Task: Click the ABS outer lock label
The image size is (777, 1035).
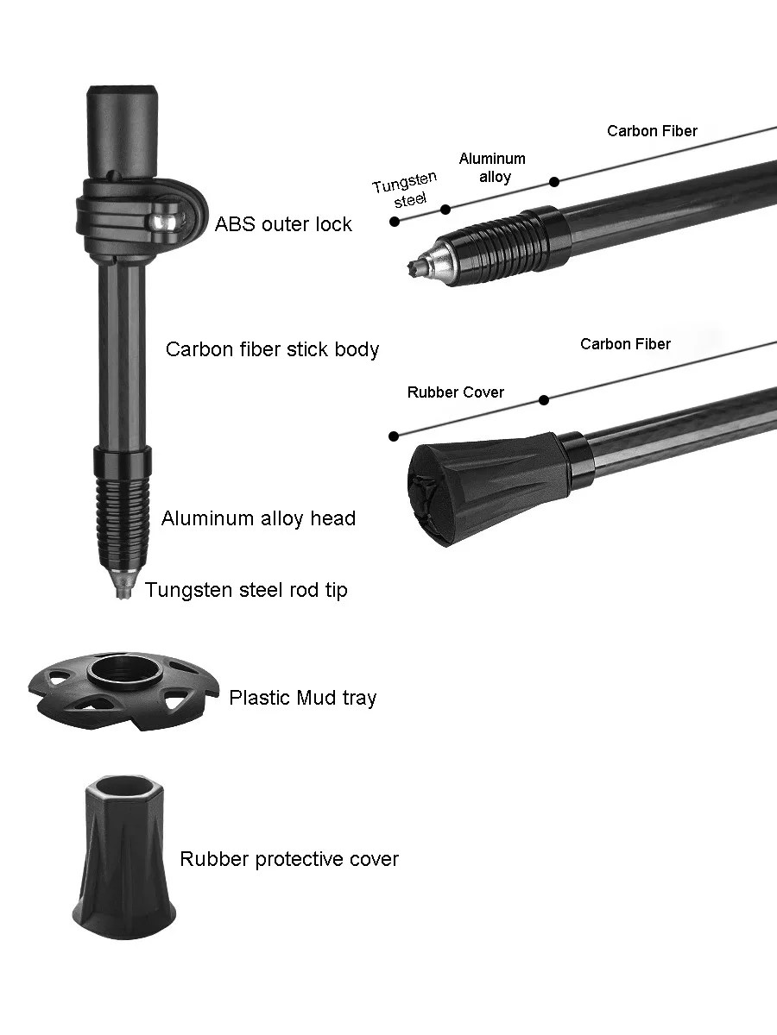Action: click(x=283, y=224)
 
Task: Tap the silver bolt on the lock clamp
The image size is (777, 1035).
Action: click(x=161, y=222)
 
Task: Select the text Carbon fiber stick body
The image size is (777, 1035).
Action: click(x=272, y=349)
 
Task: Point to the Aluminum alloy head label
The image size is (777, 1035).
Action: click(x=258, y=518)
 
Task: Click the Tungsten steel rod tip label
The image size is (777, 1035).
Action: click(x=246, y=590)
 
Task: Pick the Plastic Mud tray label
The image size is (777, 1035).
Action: click(x=302, y=698)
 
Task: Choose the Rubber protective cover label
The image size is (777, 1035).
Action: click(x=289, y=859)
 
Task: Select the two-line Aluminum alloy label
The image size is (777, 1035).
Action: click(x=492, y=167)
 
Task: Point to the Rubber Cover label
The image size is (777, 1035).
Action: click(x=455, y=392)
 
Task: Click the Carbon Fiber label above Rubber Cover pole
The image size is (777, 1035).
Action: click(x=625, y=344)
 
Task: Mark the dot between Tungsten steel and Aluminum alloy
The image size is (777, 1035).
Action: click(x=445, y=210)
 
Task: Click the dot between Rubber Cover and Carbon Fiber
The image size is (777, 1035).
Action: click(x=543, y=399)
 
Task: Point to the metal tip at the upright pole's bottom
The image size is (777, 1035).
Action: click(x=123, y=586)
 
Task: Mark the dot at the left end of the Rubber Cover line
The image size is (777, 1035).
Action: click(x=394, y=436)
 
